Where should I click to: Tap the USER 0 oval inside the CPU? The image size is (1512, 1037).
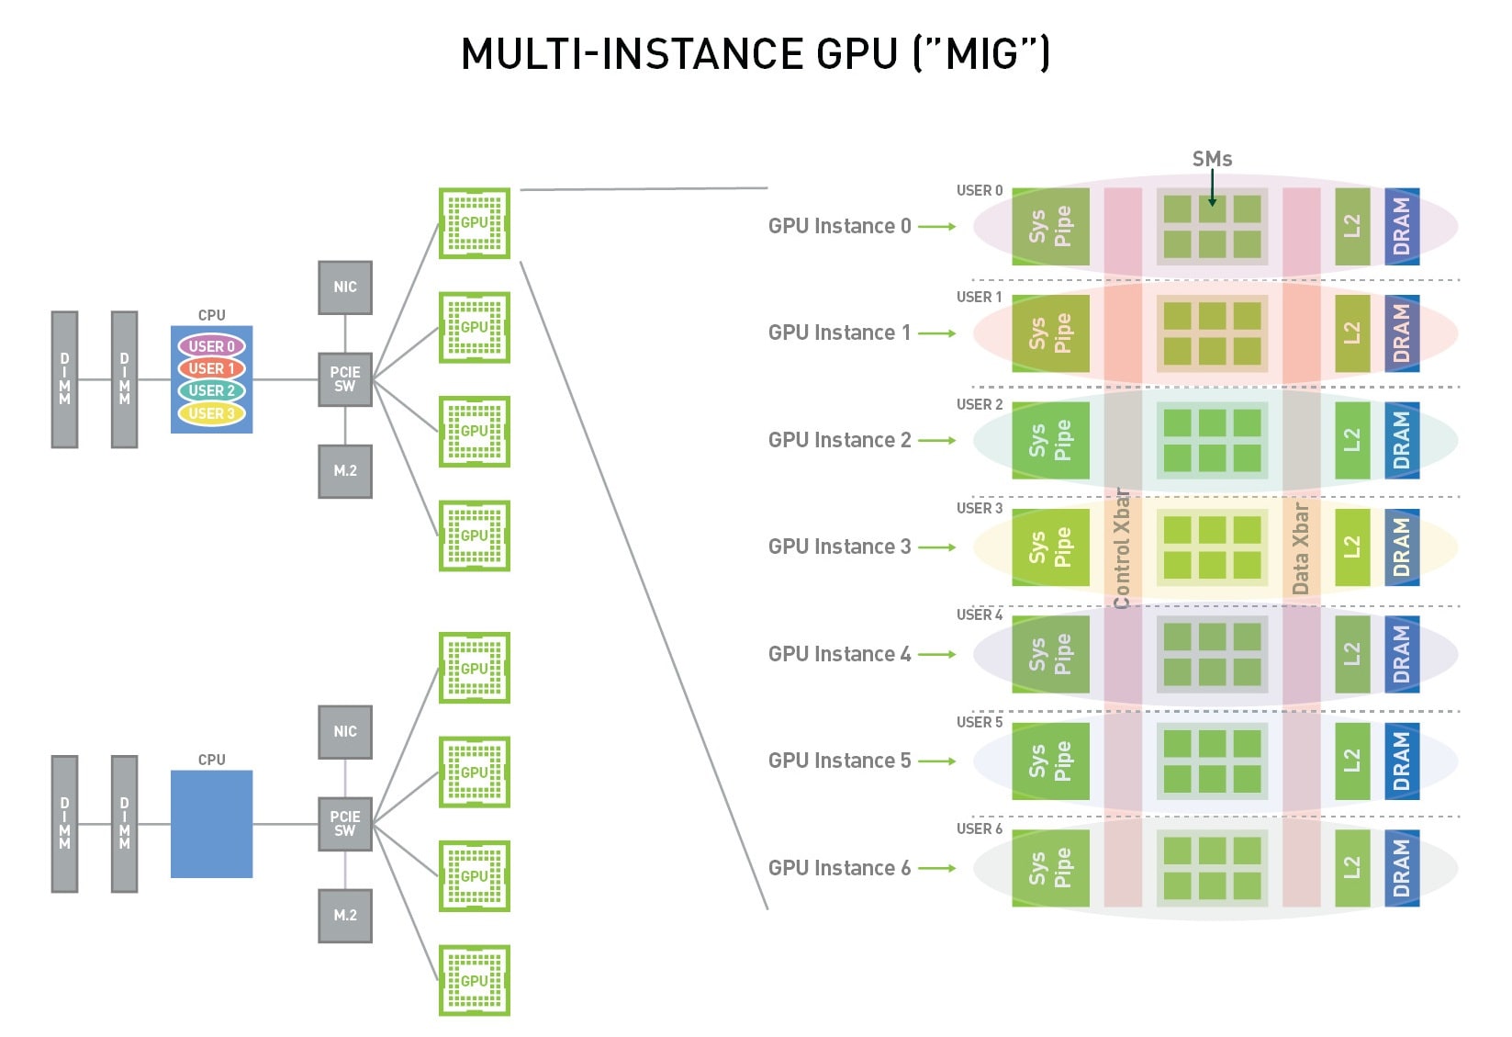(211, 346)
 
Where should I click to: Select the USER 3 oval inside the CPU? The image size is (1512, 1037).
(211, 413)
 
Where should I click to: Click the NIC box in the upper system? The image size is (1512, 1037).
(345, 287)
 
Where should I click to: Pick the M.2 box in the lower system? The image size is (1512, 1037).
(345, 915)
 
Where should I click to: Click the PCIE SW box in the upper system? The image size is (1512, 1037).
(345, 379)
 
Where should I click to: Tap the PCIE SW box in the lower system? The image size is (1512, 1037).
(345, 824)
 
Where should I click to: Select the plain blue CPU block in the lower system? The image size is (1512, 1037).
(211, 824)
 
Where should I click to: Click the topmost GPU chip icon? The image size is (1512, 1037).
(475, 223)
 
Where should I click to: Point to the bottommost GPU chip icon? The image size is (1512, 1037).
(475, 980)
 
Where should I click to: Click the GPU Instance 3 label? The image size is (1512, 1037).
(839, 547)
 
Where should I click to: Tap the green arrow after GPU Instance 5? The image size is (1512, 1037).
(937, 761)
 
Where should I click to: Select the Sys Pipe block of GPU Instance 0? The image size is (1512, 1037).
(1050, 227)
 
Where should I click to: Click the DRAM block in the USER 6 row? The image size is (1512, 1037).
(1401, 868)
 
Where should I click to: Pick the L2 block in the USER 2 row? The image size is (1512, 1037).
(1351, 441)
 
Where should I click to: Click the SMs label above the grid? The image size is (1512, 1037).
(1212, 159)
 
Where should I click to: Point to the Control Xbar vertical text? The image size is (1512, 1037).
(1122, 549)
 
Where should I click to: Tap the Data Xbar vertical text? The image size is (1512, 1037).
(1300, 548)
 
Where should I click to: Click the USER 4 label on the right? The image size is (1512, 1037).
(979, 614)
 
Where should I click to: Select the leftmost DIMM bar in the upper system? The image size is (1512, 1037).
(64, 379)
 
